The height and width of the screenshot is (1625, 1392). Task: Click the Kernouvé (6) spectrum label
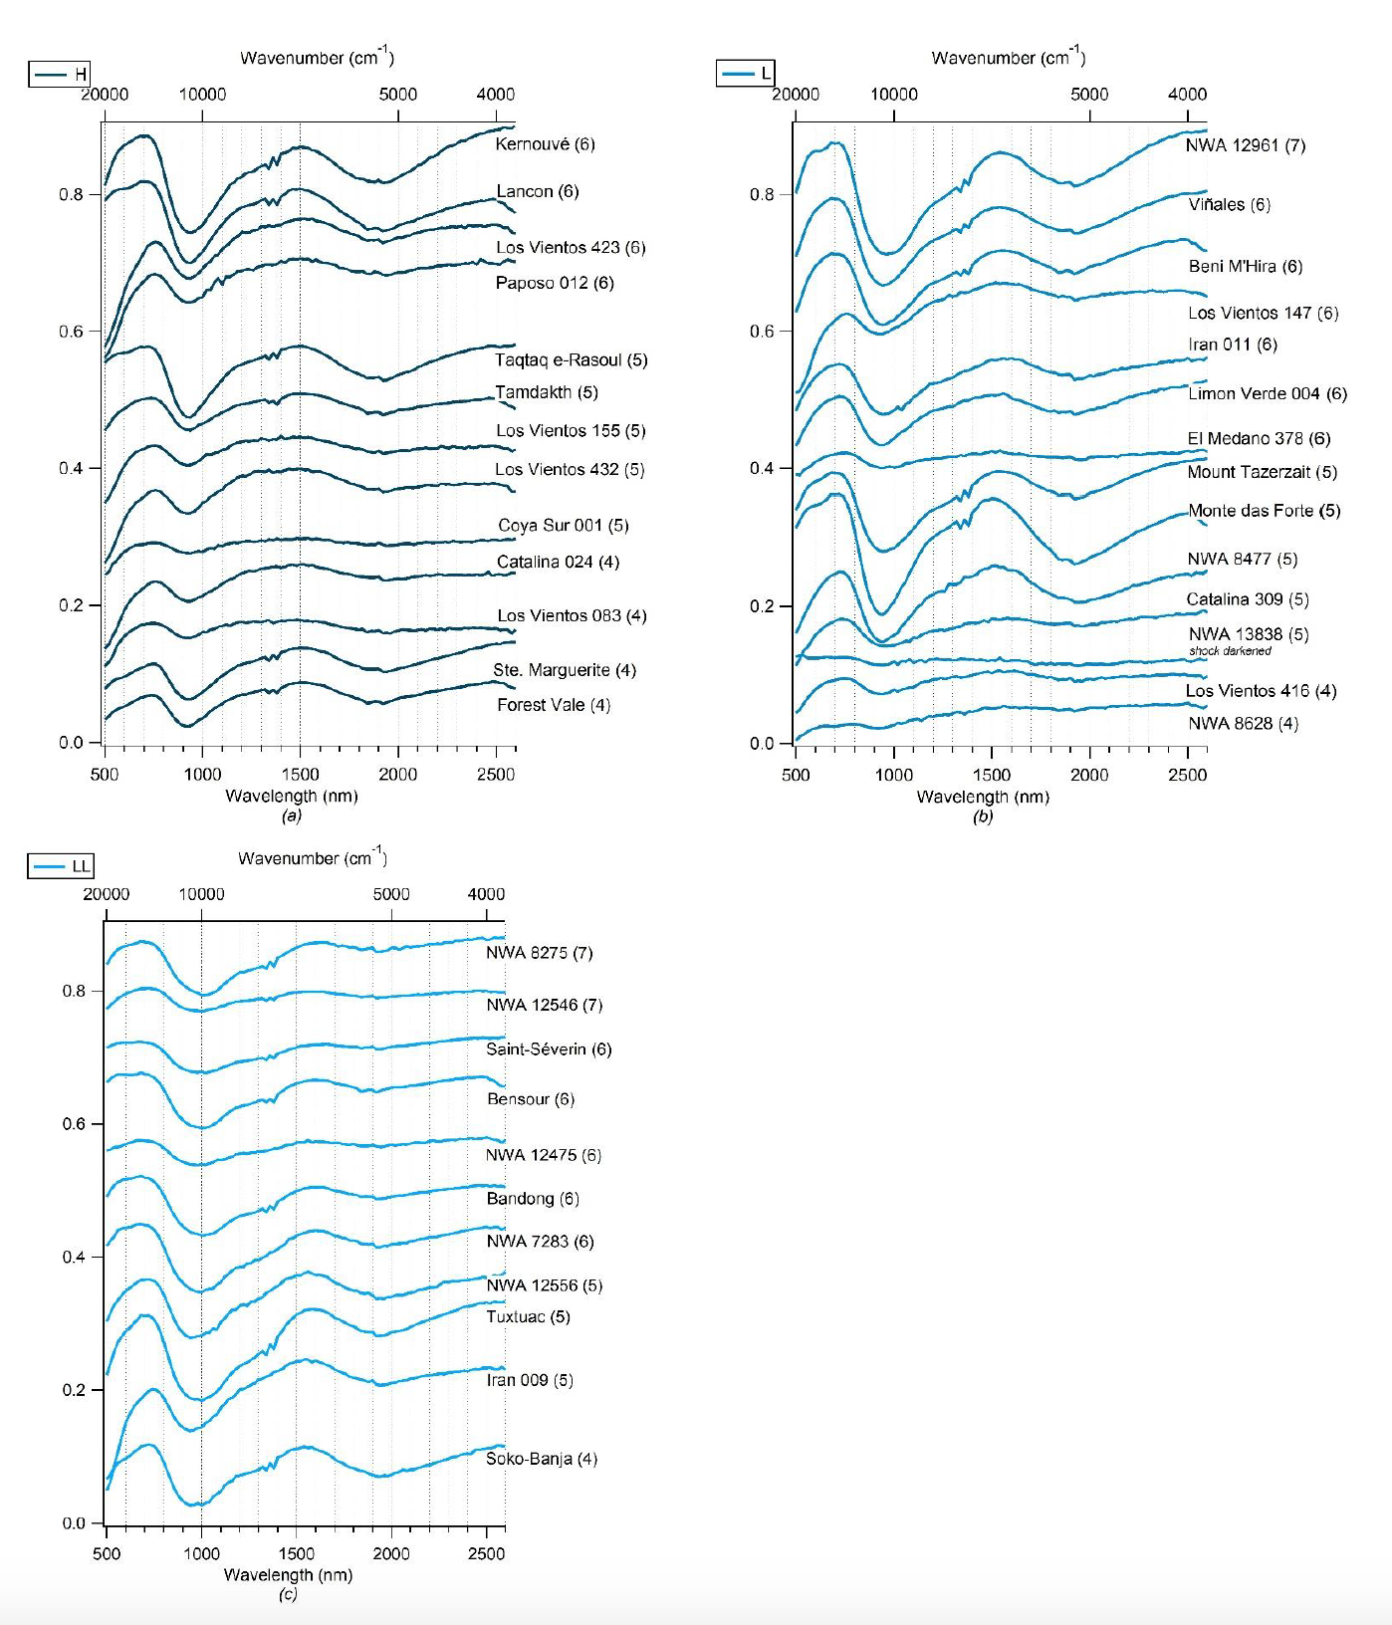pos(545,144)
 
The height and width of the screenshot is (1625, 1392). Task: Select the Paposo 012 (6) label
pos(555,283)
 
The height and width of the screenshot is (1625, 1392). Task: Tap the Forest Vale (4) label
pos(554,705)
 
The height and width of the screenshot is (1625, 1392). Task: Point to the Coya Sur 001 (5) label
pos(563,525)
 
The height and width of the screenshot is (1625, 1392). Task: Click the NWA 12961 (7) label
pos(1245,145)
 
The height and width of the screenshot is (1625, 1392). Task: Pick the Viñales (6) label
pos(1229,204)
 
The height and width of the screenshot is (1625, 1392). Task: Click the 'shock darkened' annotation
pos(1230,651)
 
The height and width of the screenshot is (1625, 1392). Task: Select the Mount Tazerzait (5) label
pos(1262,472)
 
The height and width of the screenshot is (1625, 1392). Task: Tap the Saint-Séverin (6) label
pos(549,1048)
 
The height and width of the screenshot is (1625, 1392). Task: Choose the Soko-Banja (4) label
pos(542,1459)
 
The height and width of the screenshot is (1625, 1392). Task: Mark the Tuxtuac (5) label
pos(528,1316)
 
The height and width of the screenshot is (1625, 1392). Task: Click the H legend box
pos(60,74)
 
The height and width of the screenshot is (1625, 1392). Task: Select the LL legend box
pos(61,866)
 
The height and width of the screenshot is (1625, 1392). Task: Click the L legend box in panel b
pos(745,74)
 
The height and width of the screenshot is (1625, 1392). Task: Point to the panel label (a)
pos(291,815)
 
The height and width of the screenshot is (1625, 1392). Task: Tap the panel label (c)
pos(288,1594)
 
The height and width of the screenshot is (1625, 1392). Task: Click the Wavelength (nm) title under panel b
pos(983,797)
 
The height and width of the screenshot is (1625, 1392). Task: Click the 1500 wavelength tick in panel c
pos(296,1553)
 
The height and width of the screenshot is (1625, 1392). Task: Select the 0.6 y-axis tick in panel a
pos(71,331)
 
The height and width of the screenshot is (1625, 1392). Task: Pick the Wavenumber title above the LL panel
pos(312,857)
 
